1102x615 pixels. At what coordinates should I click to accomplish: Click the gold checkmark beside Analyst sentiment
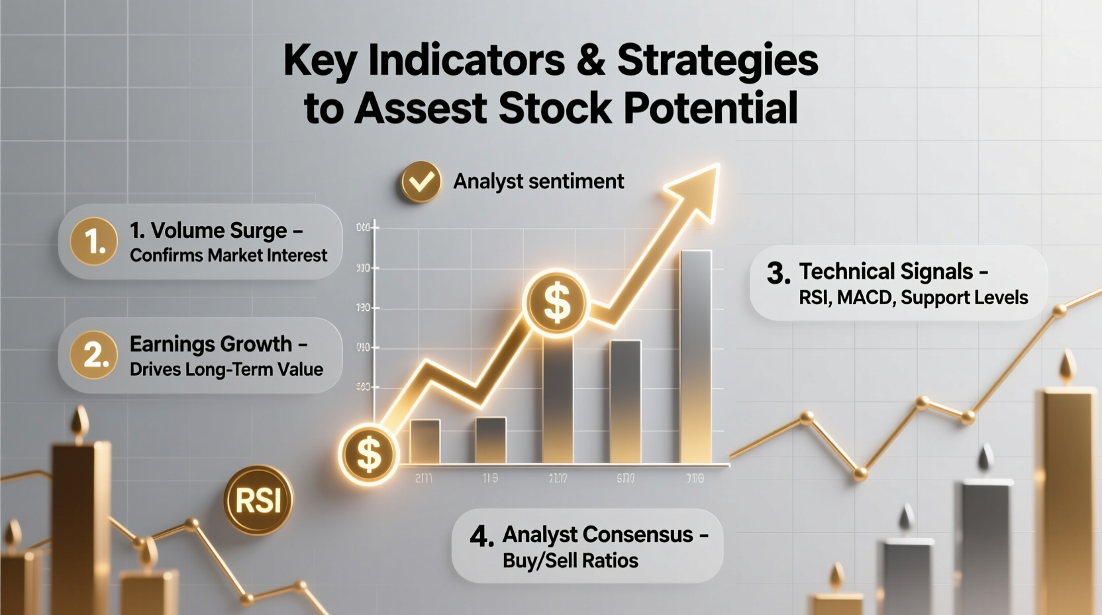421,182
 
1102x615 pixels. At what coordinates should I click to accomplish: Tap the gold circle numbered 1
93,241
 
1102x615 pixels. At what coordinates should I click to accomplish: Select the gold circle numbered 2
93,355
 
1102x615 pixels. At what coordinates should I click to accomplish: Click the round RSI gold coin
258,500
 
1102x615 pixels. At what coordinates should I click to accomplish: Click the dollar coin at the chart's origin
368,455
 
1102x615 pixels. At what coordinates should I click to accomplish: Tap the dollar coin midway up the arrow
556,302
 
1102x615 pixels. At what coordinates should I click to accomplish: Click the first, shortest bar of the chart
425,441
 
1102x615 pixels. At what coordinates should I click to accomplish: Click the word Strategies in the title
717,60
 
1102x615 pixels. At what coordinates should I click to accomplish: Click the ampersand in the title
591,60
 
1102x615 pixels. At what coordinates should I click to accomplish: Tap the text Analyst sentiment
538,182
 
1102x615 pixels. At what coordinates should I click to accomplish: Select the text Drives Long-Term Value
226,369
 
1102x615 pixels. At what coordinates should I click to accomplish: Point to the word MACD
864,298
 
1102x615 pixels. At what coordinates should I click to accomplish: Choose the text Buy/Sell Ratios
570,561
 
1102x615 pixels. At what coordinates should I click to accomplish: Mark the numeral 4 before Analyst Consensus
481,536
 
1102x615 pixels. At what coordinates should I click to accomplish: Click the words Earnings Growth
211,344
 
